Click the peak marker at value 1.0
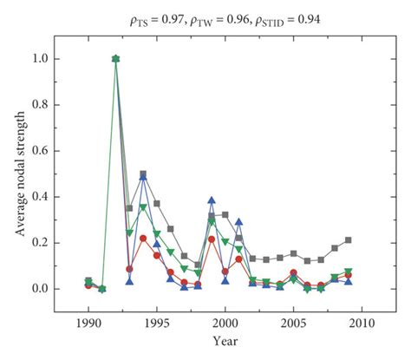[115, 59]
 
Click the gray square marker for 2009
[349, 240]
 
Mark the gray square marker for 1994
[143, 174]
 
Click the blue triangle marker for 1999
[212, 200]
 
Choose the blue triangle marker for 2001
[238, 222]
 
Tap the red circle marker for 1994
[143, 239]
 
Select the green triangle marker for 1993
[129, 233]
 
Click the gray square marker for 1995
[157, 204]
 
